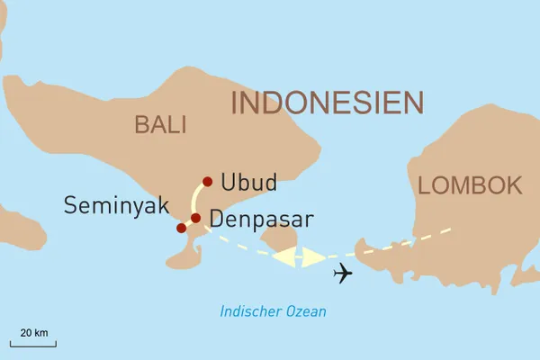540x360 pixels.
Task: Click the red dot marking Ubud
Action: coord(208,182)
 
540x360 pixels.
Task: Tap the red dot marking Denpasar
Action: coord(195,218)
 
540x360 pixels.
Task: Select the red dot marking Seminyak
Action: coord(181,228)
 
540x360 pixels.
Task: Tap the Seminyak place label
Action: coord(116,206)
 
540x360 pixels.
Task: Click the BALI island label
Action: coord(160,124)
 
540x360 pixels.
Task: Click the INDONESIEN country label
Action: coord(327,102)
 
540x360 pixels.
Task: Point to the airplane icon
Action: coord(342,273)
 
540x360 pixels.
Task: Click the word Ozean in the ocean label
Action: coord(307,312)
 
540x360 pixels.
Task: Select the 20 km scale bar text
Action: coord(34,332)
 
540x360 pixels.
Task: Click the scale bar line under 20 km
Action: coord(33,344)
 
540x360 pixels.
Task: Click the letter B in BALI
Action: coord(142,124)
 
